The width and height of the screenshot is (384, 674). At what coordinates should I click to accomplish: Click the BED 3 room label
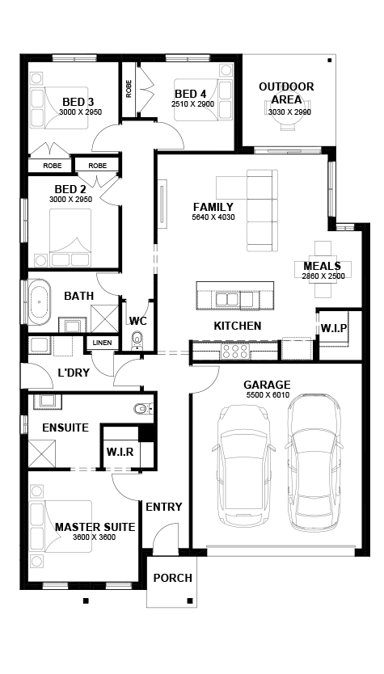(78, 102)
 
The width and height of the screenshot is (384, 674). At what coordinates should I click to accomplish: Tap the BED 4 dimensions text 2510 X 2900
(192, 104)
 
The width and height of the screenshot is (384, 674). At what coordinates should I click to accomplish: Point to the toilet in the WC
(137, 340)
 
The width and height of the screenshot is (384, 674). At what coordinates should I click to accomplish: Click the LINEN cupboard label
(102, 343)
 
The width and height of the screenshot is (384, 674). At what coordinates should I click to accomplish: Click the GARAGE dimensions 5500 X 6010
(268, 395)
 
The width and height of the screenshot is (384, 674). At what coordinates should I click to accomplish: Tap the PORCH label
(173, 578)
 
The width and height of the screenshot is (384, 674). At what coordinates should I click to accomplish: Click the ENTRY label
(163, 507)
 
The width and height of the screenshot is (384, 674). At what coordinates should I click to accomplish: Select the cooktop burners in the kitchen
(234, 350)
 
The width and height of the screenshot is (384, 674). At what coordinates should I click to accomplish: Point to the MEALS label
(322, 266)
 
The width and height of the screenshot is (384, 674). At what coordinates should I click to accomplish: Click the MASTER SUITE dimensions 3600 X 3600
(95, 537)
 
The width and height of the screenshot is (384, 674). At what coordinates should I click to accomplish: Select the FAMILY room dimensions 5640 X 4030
(213, 217)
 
